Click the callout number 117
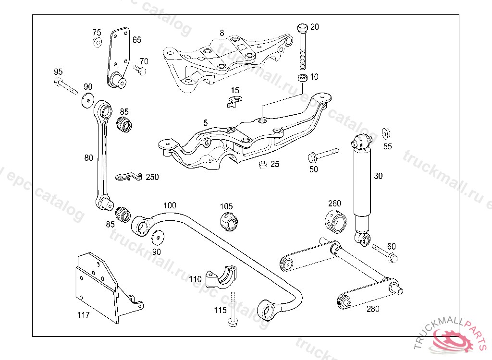[84, 315]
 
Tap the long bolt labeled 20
[302, 47]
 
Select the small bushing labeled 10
[303, 77]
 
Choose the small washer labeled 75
[97, 42]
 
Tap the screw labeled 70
[140, 70]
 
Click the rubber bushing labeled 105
[229, 221]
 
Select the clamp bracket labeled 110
[221, 278]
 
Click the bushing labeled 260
[335, 221]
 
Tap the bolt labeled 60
[385, 253]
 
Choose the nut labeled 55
[386, 133]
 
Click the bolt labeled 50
[323, 155]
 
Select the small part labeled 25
[263, 164]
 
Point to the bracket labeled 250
[129, 177]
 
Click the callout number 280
[373, 309]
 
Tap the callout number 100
[170, 205]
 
